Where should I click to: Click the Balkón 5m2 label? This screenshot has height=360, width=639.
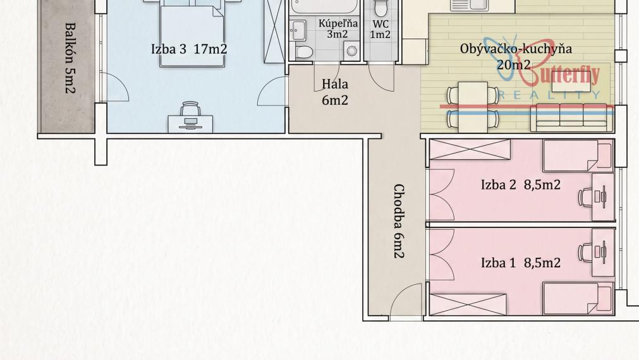71,58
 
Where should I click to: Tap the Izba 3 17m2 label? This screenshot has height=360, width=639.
189,49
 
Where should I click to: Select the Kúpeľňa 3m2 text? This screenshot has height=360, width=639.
338,28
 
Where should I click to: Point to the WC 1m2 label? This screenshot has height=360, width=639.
380,30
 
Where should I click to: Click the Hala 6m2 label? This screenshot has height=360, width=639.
335,92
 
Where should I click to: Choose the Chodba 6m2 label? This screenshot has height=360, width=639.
399,221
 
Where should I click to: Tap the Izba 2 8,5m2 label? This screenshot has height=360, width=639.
520,185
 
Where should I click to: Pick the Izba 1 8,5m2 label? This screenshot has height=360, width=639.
520,263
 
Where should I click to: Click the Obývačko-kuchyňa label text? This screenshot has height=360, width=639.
516,49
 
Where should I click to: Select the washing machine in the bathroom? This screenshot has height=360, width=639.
351,51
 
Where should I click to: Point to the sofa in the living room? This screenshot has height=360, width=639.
571,117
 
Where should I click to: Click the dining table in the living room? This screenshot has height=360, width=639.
473,107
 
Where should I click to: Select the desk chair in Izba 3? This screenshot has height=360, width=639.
190,109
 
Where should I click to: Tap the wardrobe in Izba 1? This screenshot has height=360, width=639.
468,304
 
